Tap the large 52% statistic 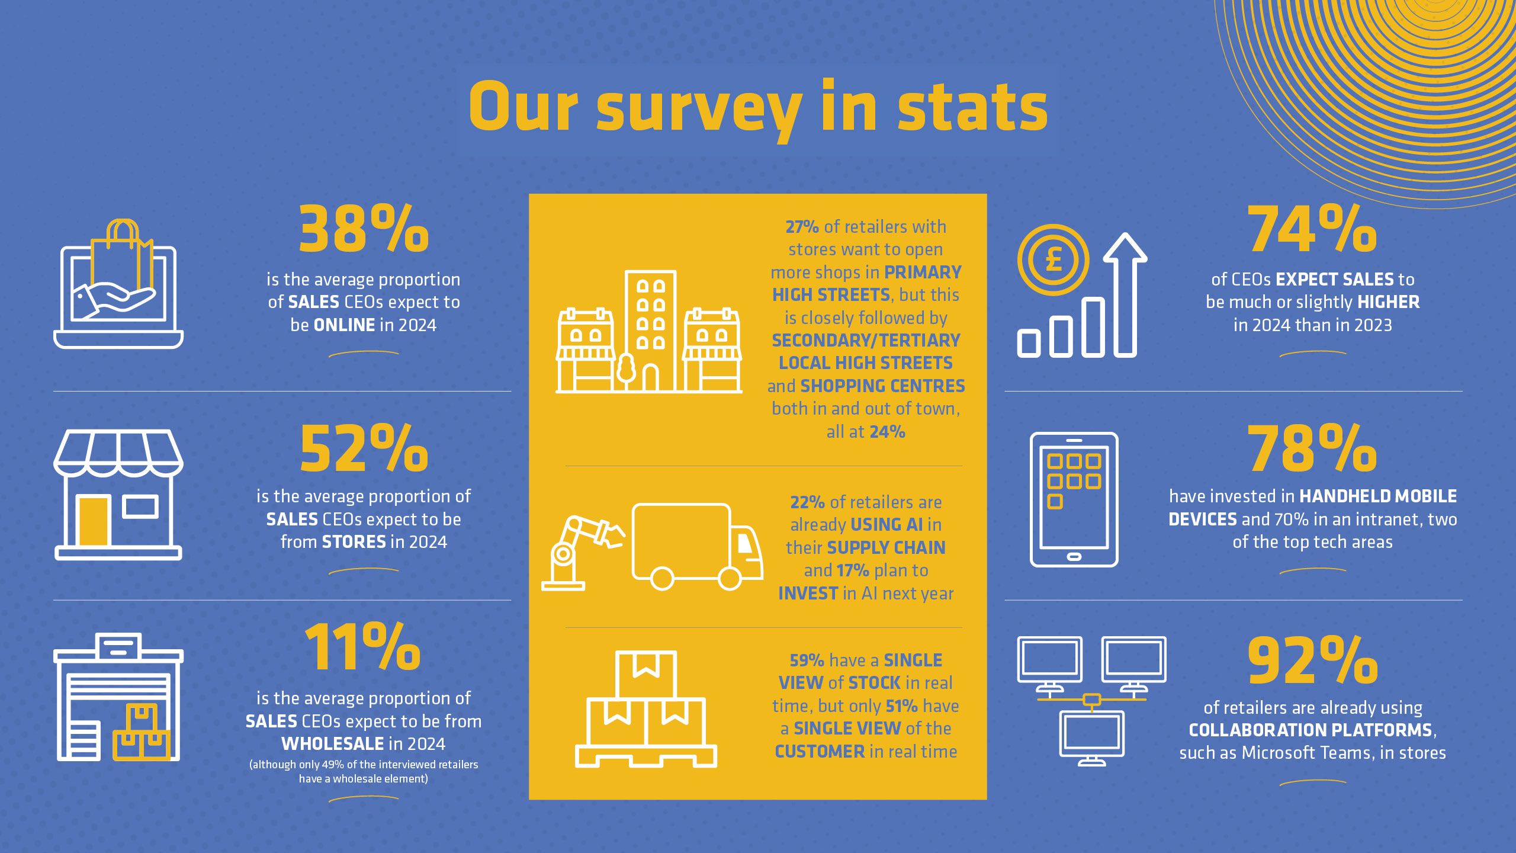pyautogui.click(x=363, y=448)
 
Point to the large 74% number pyautogui.click(x=1312, y=230)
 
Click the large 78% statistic pyautogui.click(x=1312, y=448)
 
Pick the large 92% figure pyautogui.click(x=1312, y=660)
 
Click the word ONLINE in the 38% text pyautogui.click(x=344, y=325)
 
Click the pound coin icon pyautogui.click(x=1053, y=260)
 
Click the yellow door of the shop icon pyautogui.click(x=94, y=521)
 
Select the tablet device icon pyautogui.click(x=1074, y=499)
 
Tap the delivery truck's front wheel pyautogui.click(x=729, y=579)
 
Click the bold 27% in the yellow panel pyautogui.click(x=802, y=227)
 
